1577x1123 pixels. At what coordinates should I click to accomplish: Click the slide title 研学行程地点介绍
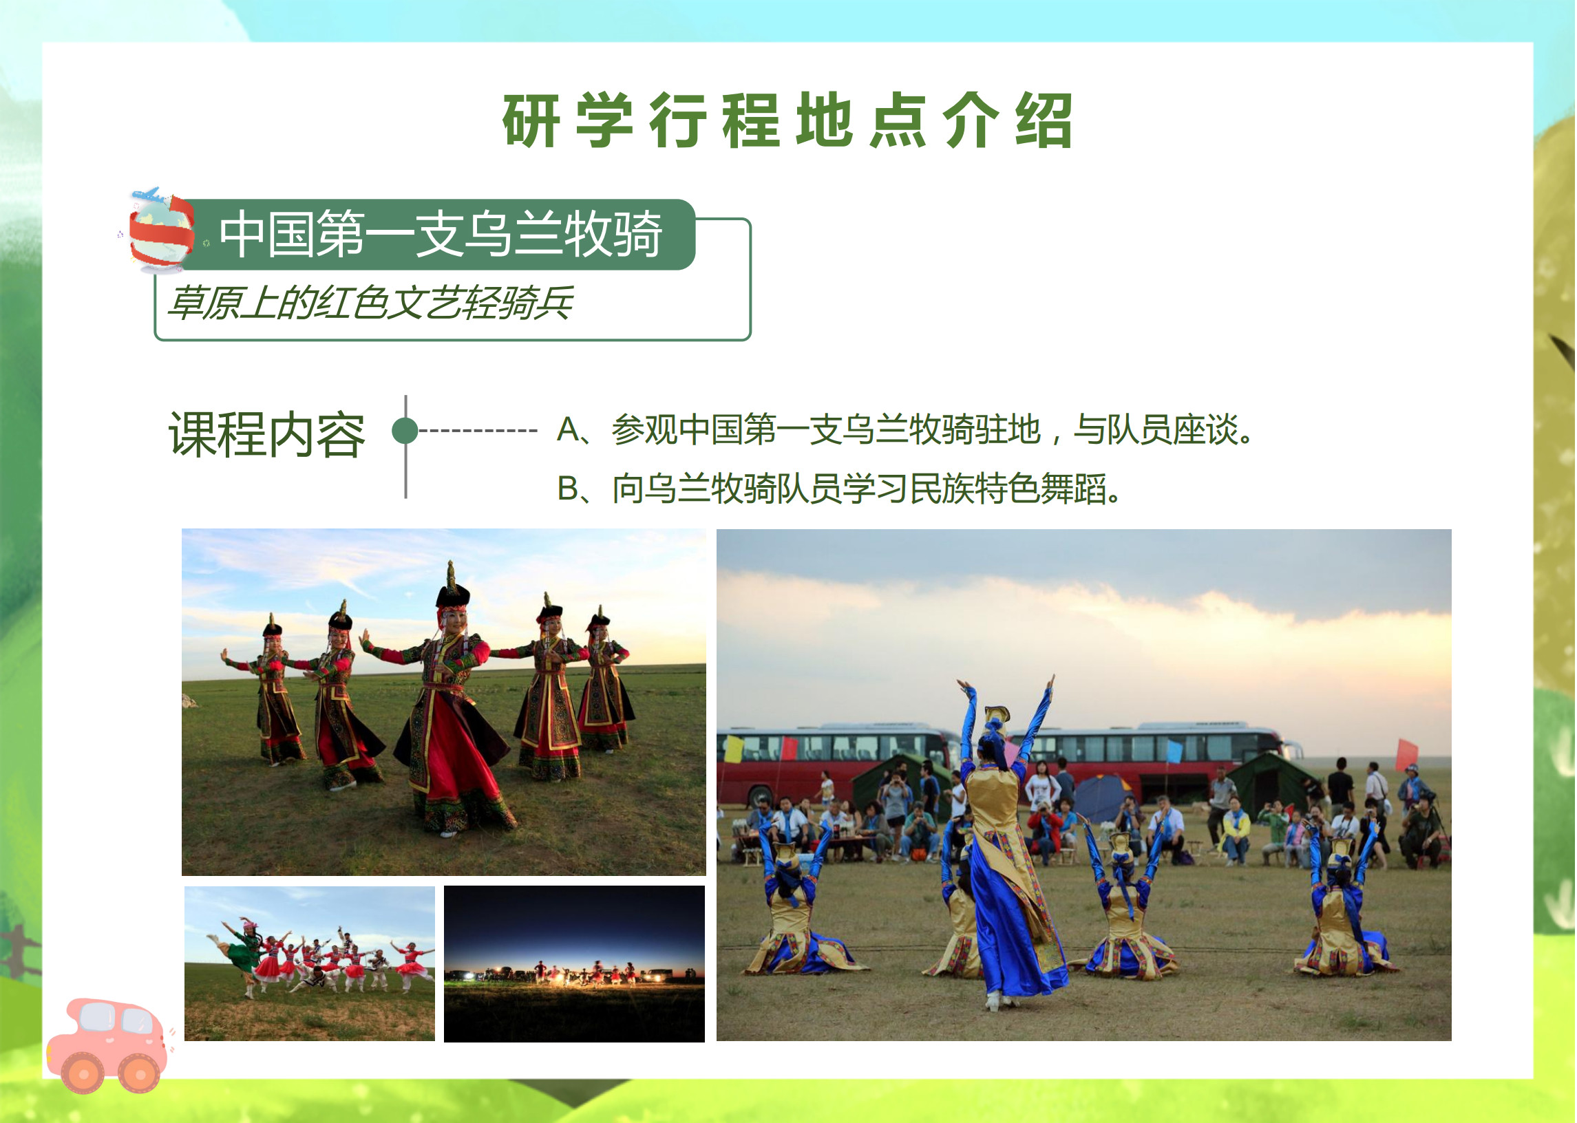(787, 120)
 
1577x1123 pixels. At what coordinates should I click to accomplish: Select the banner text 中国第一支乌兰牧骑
(441, 235)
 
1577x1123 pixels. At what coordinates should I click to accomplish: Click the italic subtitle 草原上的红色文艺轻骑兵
(371, 303)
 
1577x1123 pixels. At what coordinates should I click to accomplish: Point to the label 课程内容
(267, 434)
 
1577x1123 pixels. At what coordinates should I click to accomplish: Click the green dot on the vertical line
(405, 430)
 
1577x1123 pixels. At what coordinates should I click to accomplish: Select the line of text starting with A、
(905, 429)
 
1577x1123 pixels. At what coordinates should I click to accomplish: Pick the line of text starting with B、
(839, 488)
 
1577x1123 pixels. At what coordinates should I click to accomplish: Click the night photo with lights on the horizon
(575, 964)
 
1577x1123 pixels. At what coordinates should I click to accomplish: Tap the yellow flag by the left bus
(733, 748)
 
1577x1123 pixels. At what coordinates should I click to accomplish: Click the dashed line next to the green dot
(478, 430)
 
